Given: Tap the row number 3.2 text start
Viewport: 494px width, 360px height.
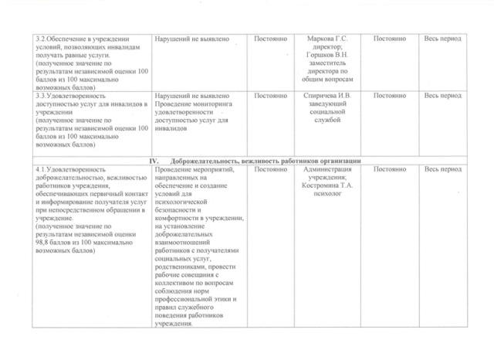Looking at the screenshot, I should pos(39,39).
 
